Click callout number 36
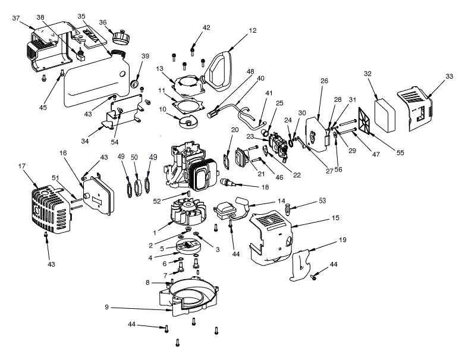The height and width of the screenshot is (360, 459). [x=102, y=23]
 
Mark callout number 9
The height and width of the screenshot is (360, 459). [x=106, y=308]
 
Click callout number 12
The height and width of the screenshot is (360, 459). [x=253, y=30]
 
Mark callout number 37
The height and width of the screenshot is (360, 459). [x=15, y=17]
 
